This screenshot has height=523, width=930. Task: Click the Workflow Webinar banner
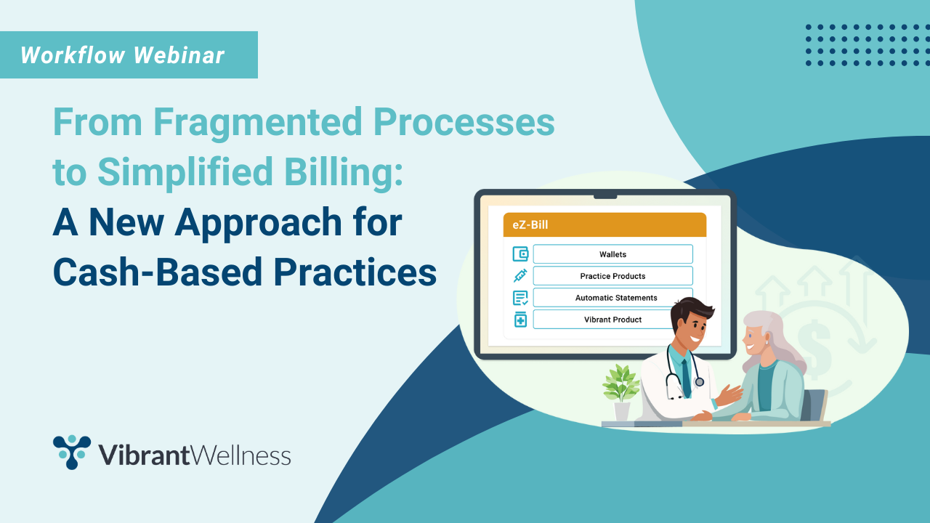point(124,55)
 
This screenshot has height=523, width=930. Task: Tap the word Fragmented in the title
point(251,123)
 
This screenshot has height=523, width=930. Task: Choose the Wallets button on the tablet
point(612,254)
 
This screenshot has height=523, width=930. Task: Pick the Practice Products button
point(612,276)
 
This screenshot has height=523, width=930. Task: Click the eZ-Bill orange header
point(604,225)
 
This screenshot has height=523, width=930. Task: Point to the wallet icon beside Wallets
point(520,254)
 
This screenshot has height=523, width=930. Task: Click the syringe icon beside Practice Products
point(520,276)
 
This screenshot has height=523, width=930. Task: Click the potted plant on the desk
point(620,389)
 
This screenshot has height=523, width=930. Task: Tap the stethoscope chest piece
point(699,381)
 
